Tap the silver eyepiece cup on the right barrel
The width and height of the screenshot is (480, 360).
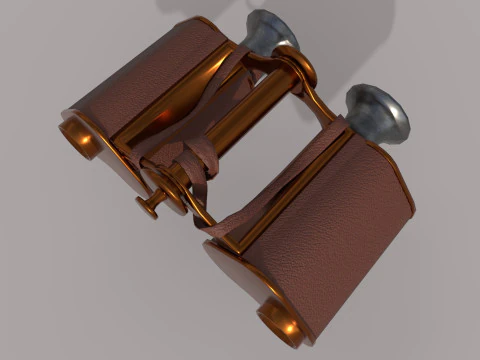(x=378, y=112)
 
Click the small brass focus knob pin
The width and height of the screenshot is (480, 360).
(x=149, y=206)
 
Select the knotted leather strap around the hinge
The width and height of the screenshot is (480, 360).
(x=190, y=165)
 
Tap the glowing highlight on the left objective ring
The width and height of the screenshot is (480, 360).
(x=84, y=141)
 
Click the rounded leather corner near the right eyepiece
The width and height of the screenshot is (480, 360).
(x=395, y=175)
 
